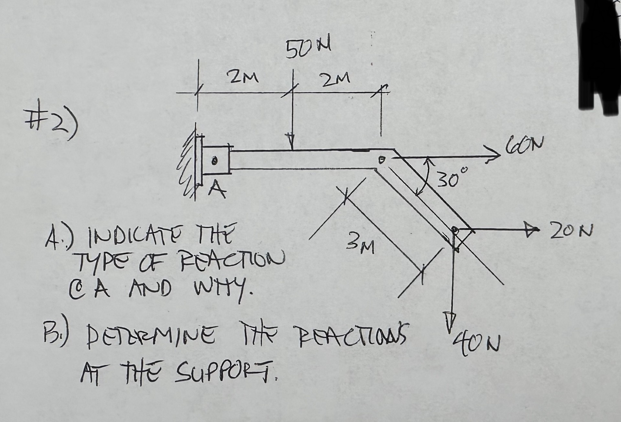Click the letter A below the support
(x=216, y=191)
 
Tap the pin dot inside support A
(x=213, y=161)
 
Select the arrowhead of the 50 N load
(x=292, y=141)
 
